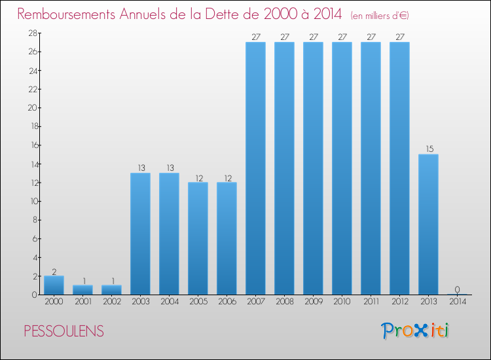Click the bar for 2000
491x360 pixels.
(x=54, y=285)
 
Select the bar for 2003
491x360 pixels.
(x=140, y=234)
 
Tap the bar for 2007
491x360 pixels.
(x=255, y=168)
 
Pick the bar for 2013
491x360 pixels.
(x=428, y=225)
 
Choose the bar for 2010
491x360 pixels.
(x=342, y=168)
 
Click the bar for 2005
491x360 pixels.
(x=198, y=238)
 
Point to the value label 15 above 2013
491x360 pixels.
(x=428, y=149)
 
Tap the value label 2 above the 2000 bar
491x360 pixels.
(x=54, y=271)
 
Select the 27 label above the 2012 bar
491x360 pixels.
(x=399, y=37)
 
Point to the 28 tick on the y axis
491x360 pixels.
(x=31, y=33)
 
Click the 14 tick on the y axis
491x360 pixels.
(x=31, y=164)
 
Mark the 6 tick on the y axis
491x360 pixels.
(x=33, y=239)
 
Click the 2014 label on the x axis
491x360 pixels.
(x=457, y=302)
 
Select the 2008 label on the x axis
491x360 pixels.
(x=284, y=302)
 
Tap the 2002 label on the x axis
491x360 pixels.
(x=111, y=302)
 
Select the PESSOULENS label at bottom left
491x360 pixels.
(x=64, y=331)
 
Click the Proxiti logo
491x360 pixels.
(x=415, y=331)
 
